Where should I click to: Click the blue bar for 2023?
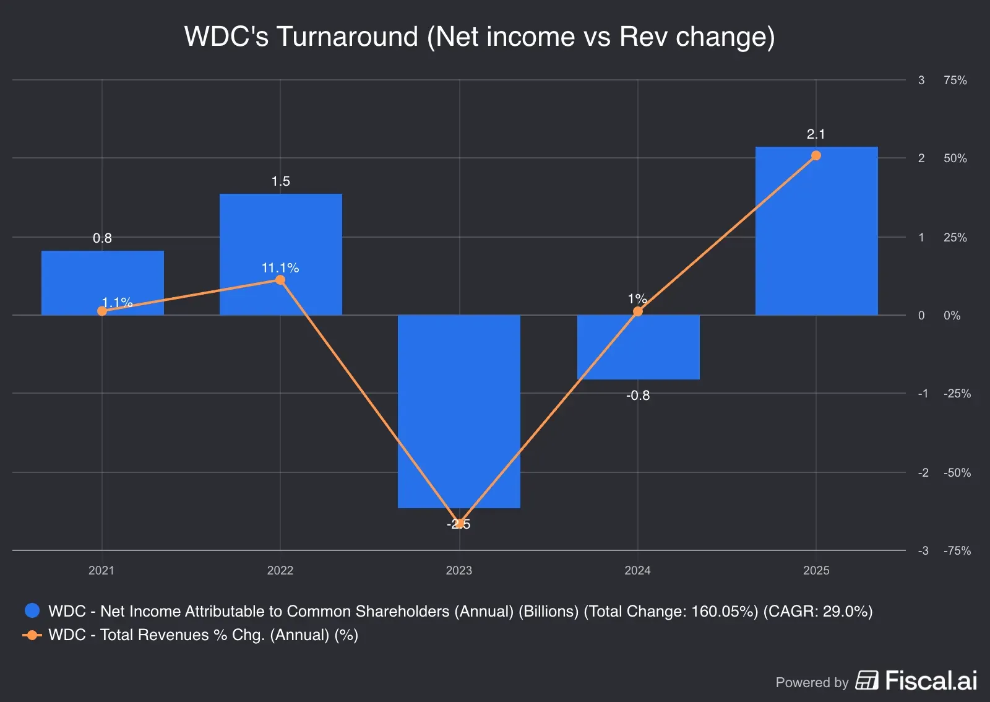pos(458,411)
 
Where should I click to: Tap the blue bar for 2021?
pos(102,282)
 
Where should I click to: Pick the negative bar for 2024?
pos(638,347)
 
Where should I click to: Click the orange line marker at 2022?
pos(280,280)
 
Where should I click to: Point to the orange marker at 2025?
pos(816,155)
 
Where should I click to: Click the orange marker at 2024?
pos(638,311)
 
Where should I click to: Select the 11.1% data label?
pos(280,267)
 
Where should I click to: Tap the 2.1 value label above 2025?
pos(816,134)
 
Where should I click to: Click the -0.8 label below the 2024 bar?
pos(638,395)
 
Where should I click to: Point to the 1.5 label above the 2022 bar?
pos(280,181)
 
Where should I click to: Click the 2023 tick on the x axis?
pos(458,570)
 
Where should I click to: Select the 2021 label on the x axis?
pos(101,570)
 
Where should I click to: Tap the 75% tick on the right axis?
pos(955,80)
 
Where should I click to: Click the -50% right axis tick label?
pos(957,472)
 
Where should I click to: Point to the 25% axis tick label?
pos(955,237)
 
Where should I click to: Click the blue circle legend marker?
pos(32,610)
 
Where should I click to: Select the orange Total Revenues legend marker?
pos(32,635)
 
